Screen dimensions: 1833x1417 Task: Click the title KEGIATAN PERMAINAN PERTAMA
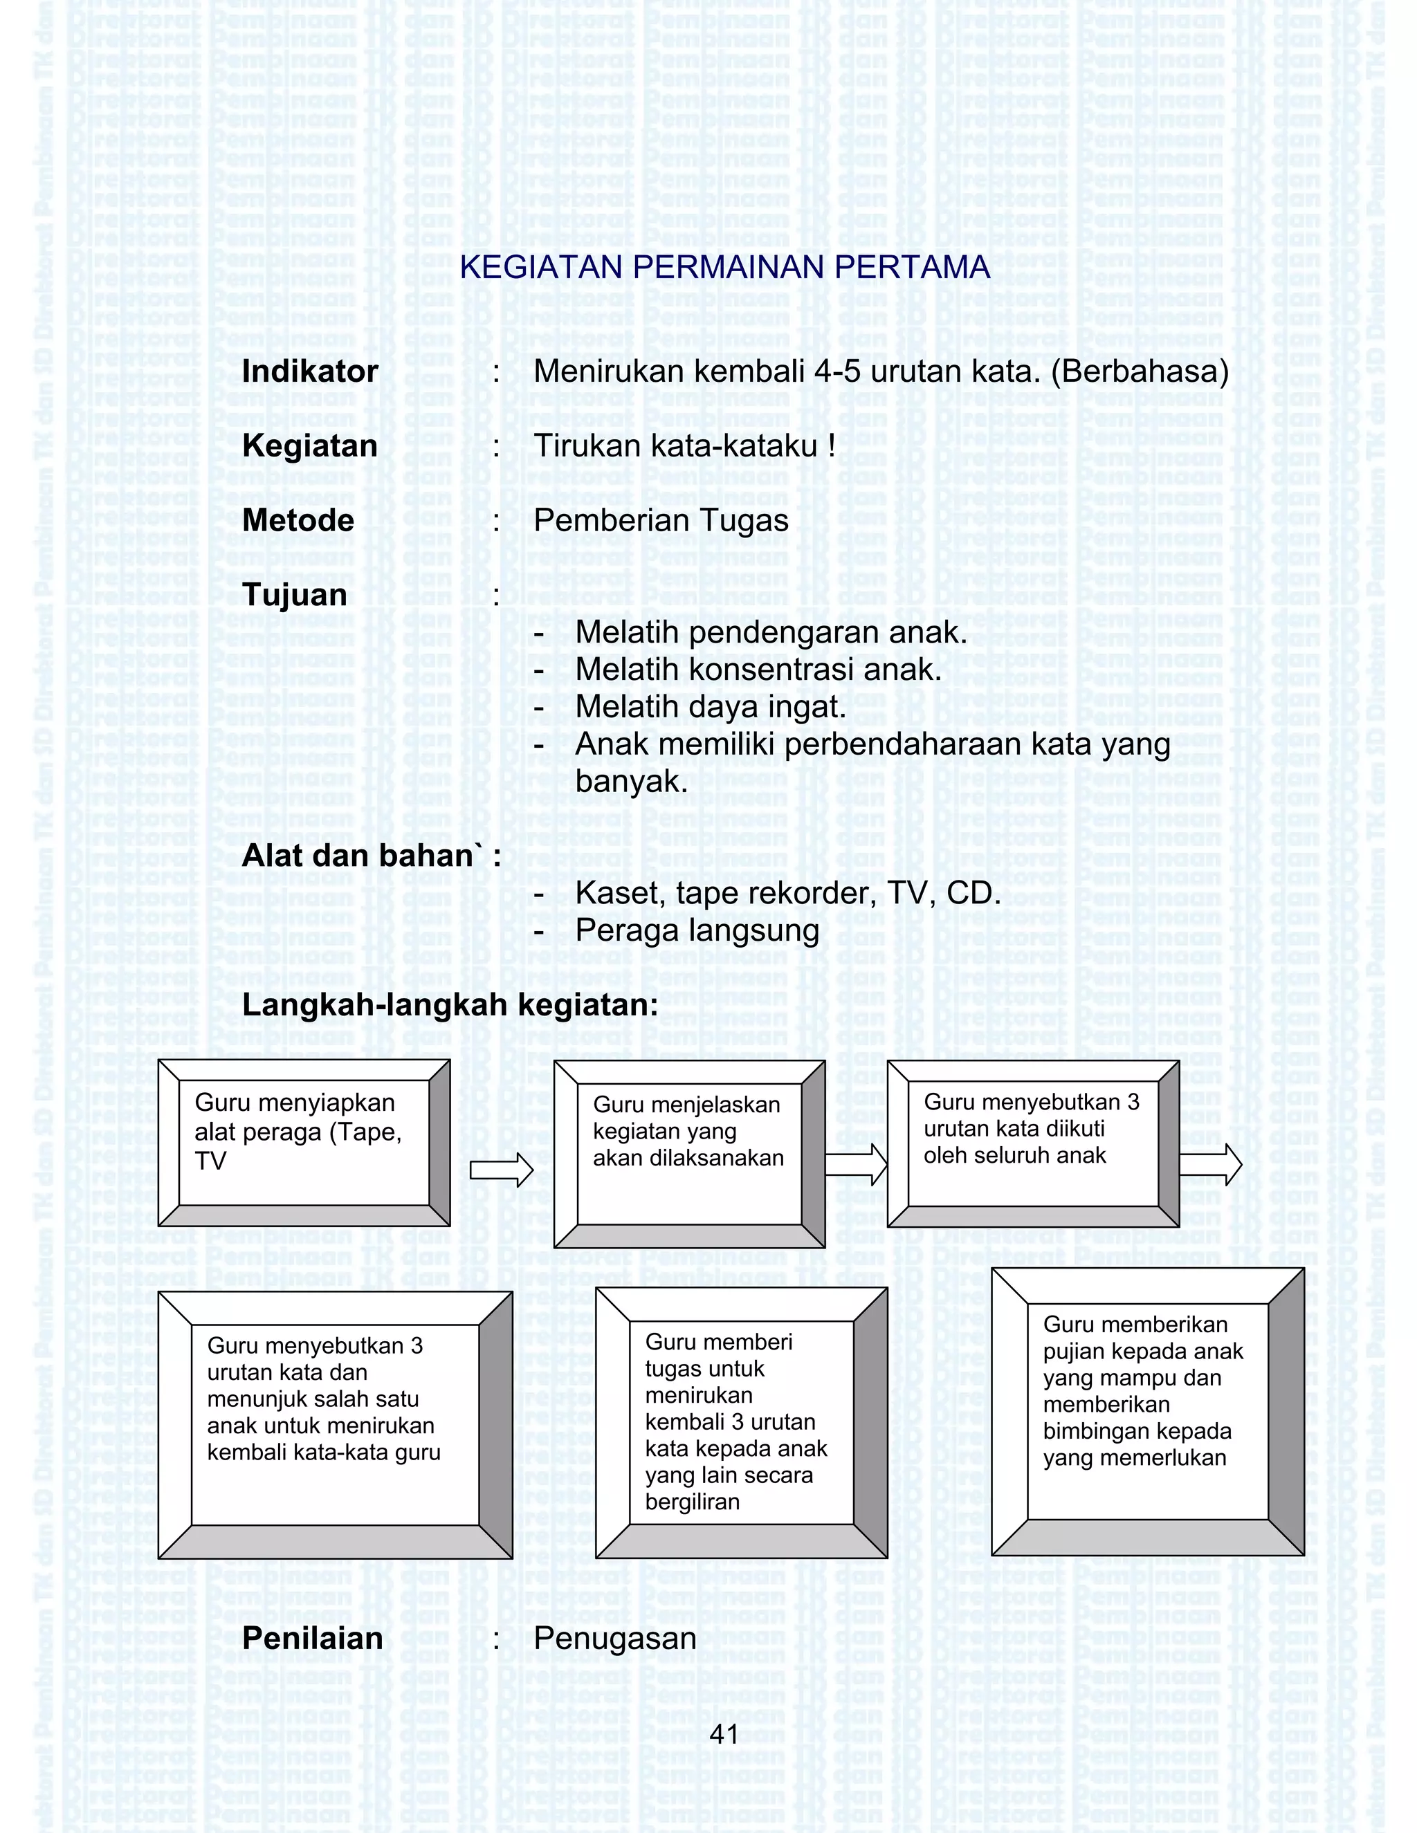point(724,267)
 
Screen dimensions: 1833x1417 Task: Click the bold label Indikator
point(310,372)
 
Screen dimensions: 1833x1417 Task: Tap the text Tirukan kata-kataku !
point(684,445)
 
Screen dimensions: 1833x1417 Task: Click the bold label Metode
point(298,520)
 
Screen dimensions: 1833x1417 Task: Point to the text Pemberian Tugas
point(661,520)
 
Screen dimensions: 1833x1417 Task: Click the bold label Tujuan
point(295,595)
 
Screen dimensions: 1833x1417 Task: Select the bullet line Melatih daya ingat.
point(710,707)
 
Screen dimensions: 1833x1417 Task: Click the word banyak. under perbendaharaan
point(631,782)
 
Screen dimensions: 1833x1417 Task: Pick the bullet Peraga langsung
point(697,931)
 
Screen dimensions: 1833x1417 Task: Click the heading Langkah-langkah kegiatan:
point(450,1004)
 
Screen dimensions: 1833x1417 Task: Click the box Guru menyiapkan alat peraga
point(304,1143)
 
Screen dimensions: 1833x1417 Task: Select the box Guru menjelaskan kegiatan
point(689,1153)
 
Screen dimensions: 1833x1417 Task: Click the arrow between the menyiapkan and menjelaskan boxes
point(501,1169)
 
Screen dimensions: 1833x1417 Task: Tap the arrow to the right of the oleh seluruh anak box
point(1211,1164)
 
